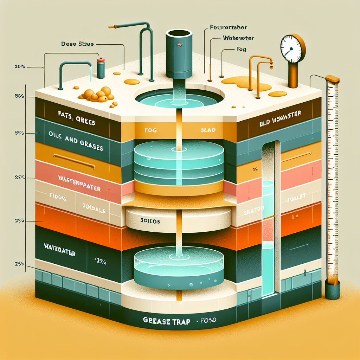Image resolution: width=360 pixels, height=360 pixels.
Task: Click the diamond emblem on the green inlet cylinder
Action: tap(179, 45)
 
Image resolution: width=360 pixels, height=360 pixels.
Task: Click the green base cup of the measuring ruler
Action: tap(332, 291)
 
